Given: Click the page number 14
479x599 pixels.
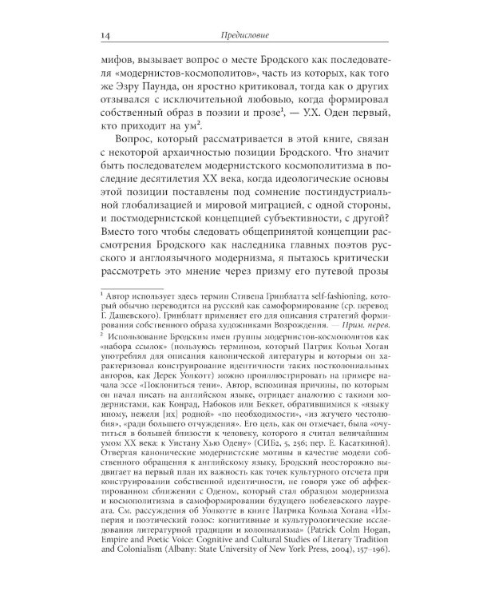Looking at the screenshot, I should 97,34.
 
